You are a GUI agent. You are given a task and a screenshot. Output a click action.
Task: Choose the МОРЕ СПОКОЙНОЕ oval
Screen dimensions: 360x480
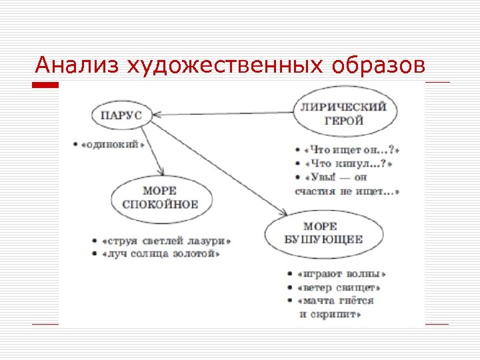tap(160, 197)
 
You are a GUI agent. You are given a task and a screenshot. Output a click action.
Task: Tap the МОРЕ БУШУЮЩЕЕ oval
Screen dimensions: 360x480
tap(323, 233)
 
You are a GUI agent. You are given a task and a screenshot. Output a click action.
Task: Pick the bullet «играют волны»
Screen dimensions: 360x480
tap(343, 274)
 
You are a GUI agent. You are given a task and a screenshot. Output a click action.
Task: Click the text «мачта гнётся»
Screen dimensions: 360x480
tap(337, 301)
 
